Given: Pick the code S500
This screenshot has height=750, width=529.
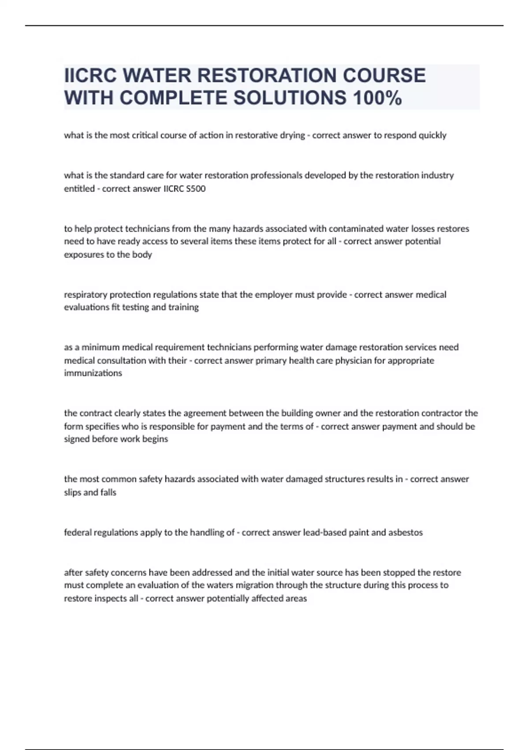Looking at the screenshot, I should (x=195, y=189).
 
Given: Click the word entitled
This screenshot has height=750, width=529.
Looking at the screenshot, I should (x=79, y=189).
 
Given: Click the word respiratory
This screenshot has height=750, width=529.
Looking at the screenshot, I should (x=86, y=295).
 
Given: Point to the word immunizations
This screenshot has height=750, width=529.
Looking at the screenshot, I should (x=93, y=373).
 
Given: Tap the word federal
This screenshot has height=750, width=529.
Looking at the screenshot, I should (x=78, y=532).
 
